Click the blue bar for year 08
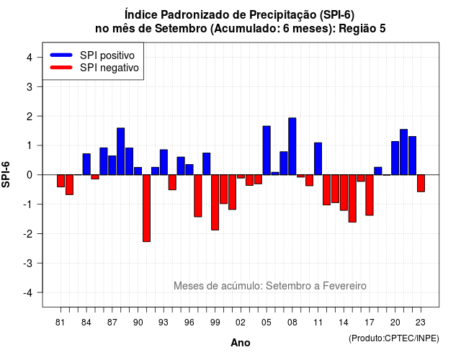pos(292,146)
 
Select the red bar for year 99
pos(215,202)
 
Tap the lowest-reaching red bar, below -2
pos(146,208)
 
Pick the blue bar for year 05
pos(267,150)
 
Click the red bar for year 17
pos(370,195)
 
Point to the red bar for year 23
pos(421,184)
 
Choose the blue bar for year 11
pos(318,158)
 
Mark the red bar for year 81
pos(61,181)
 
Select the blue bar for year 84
pos(86,164)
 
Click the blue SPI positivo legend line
pos(61,55)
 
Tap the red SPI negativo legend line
pos(61,68)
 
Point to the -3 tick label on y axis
pos(28,264)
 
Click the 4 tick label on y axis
pos(30,58)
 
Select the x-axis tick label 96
pos(189,323)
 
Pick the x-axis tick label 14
pos(344,323)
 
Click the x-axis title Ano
pos(241,343)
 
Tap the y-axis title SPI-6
pos(6,174)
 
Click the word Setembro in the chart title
pos(181,29)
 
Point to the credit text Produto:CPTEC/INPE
pos(394,338)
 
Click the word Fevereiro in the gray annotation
pos(344,286)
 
